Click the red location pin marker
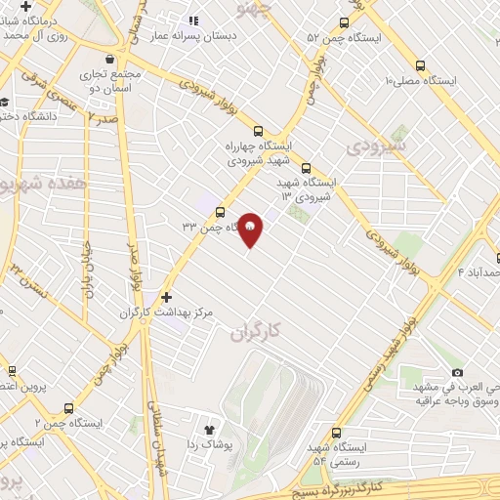[250, 229]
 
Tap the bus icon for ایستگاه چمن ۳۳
[218, 211]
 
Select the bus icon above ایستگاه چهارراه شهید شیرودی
[258, 131]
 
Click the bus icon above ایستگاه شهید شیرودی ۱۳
[307, 167]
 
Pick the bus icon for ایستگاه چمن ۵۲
[343, 22]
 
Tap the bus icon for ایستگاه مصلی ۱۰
[419, 65]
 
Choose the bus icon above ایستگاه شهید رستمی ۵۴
[337, 432]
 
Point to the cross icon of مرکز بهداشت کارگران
[166, 297]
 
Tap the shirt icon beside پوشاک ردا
[208, 428]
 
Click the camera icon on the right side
[457, 372]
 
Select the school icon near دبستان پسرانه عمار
[193, 20]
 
